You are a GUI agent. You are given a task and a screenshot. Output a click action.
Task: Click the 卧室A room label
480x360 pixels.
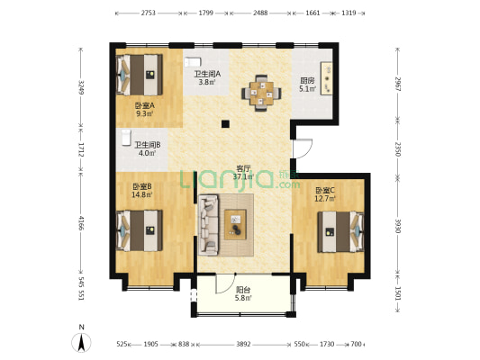[x=145, y=104]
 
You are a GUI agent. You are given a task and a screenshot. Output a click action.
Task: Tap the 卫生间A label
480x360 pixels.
[x=207, y=75]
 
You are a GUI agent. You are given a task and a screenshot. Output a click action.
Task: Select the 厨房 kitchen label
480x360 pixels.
[x=307, y=80]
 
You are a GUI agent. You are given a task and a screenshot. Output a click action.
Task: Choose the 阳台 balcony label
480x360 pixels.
[x=243, y=290]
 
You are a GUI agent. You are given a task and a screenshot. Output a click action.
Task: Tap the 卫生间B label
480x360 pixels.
[x=147, y=145]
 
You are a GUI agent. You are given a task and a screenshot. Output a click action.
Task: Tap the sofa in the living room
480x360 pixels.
[x=209, y=222]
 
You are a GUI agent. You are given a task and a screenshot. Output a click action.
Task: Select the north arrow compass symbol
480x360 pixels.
[x=81, y=341]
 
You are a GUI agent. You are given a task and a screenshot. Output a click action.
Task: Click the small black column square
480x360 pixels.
[x=226, y=123]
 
